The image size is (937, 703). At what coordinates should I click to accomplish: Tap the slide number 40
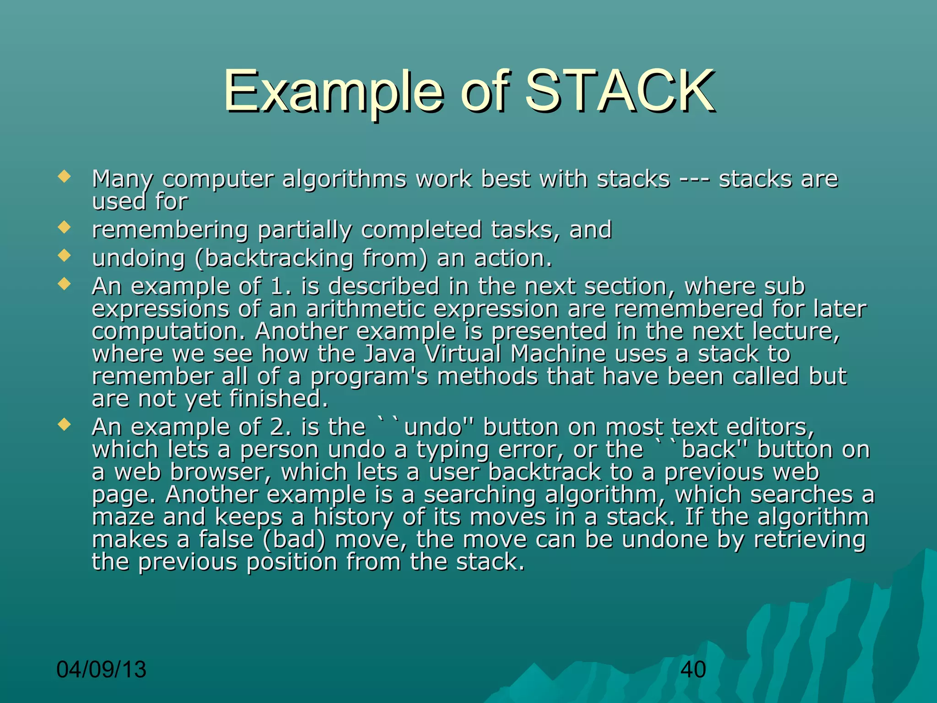tap(693, 670)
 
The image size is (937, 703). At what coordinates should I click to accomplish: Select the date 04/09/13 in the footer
tap(101, 670)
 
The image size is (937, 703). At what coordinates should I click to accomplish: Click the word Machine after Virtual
tap(558, 354)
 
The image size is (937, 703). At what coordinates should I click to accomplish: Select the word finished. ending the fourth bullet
tap(279, 399)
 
